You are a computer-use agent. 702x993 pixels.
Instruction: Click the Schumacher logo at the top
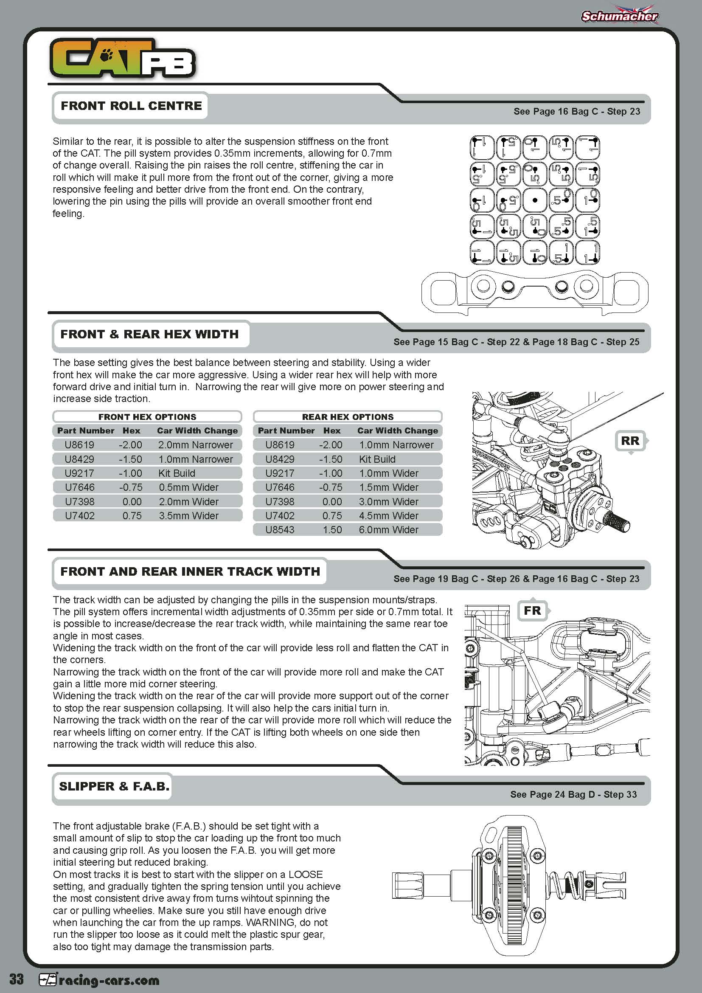pos(619,16)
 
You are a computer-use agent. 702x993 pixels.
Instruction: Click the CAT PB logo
pos(122,59)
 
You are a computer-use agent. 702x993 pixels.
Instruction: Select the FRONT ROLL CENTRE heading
pos(131,106)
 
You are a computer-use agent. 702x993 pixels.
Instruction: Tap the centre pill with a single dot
pos(535,200)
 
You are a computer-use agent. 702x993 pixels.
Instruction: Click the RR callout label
pos(630,441)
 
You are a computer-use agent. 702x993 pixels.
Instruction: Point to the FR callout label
pos(532,610)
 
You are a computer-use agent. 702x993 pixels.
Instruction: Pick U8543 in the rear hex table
pos(280,530)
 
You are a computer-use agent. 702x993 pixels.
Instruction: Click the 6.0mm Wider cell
pos(389,530)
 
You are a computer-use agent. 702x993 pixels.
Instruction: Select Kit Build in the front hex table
pos(177,473)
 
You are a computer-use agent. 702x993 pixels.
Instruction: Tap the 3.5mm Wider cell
pos(188,515)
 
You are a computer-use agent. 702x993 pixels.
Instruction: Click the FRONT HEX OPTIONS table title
pos(147,417)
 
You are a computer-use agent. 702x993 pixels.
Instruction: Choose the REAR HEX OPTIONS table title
pos(348,417)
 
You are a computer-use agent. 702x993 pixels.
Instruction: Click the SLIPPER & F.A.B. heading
pos(114,786)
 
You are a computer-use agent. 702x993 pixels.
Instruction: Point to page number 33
pos(17,979)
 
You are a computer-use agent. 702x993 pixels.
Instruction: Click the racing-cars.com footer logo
pos(99,980)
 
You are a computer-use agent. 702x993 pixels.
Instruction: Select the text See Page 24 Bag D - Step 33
pos(573,794)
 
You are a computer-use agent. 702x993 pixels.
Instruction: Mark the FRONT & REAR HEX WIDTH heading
pos(149,334)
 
